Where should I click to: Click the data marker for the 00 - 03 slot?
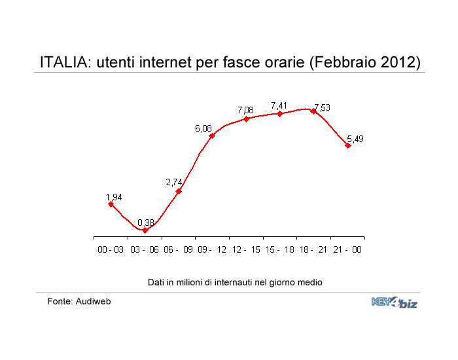(111, 204)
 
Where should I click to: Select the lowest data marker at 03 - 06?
(145, 230)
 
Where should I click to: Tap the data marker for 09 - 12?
(212, 135)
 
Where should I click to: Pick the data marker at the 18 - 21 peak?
(313, 111)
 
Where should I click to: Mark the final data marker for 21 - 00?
(347, 145)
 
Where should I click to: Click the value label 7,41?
(279, 105)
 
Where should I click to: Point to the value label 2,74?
(174, 182)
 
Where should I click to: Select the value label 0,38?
(146, 223)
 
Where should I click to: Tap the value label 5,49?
(355, 139)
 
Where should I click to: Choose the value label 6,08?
(203, 128)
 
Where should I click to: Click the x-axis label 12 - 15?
(246, 249)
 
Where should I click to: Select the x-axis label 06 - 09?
(178, 249)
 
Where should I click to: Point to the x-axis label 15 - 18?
(279, 249)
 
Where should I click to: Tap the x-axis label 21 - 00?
(347, 249)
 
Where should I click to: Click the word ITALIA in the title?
(64, 62)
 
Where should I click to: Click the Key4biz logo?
(395, 302)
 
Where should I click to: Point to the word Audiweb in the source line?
(93, 301)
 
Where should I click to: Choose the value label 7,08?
(245, 110)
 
